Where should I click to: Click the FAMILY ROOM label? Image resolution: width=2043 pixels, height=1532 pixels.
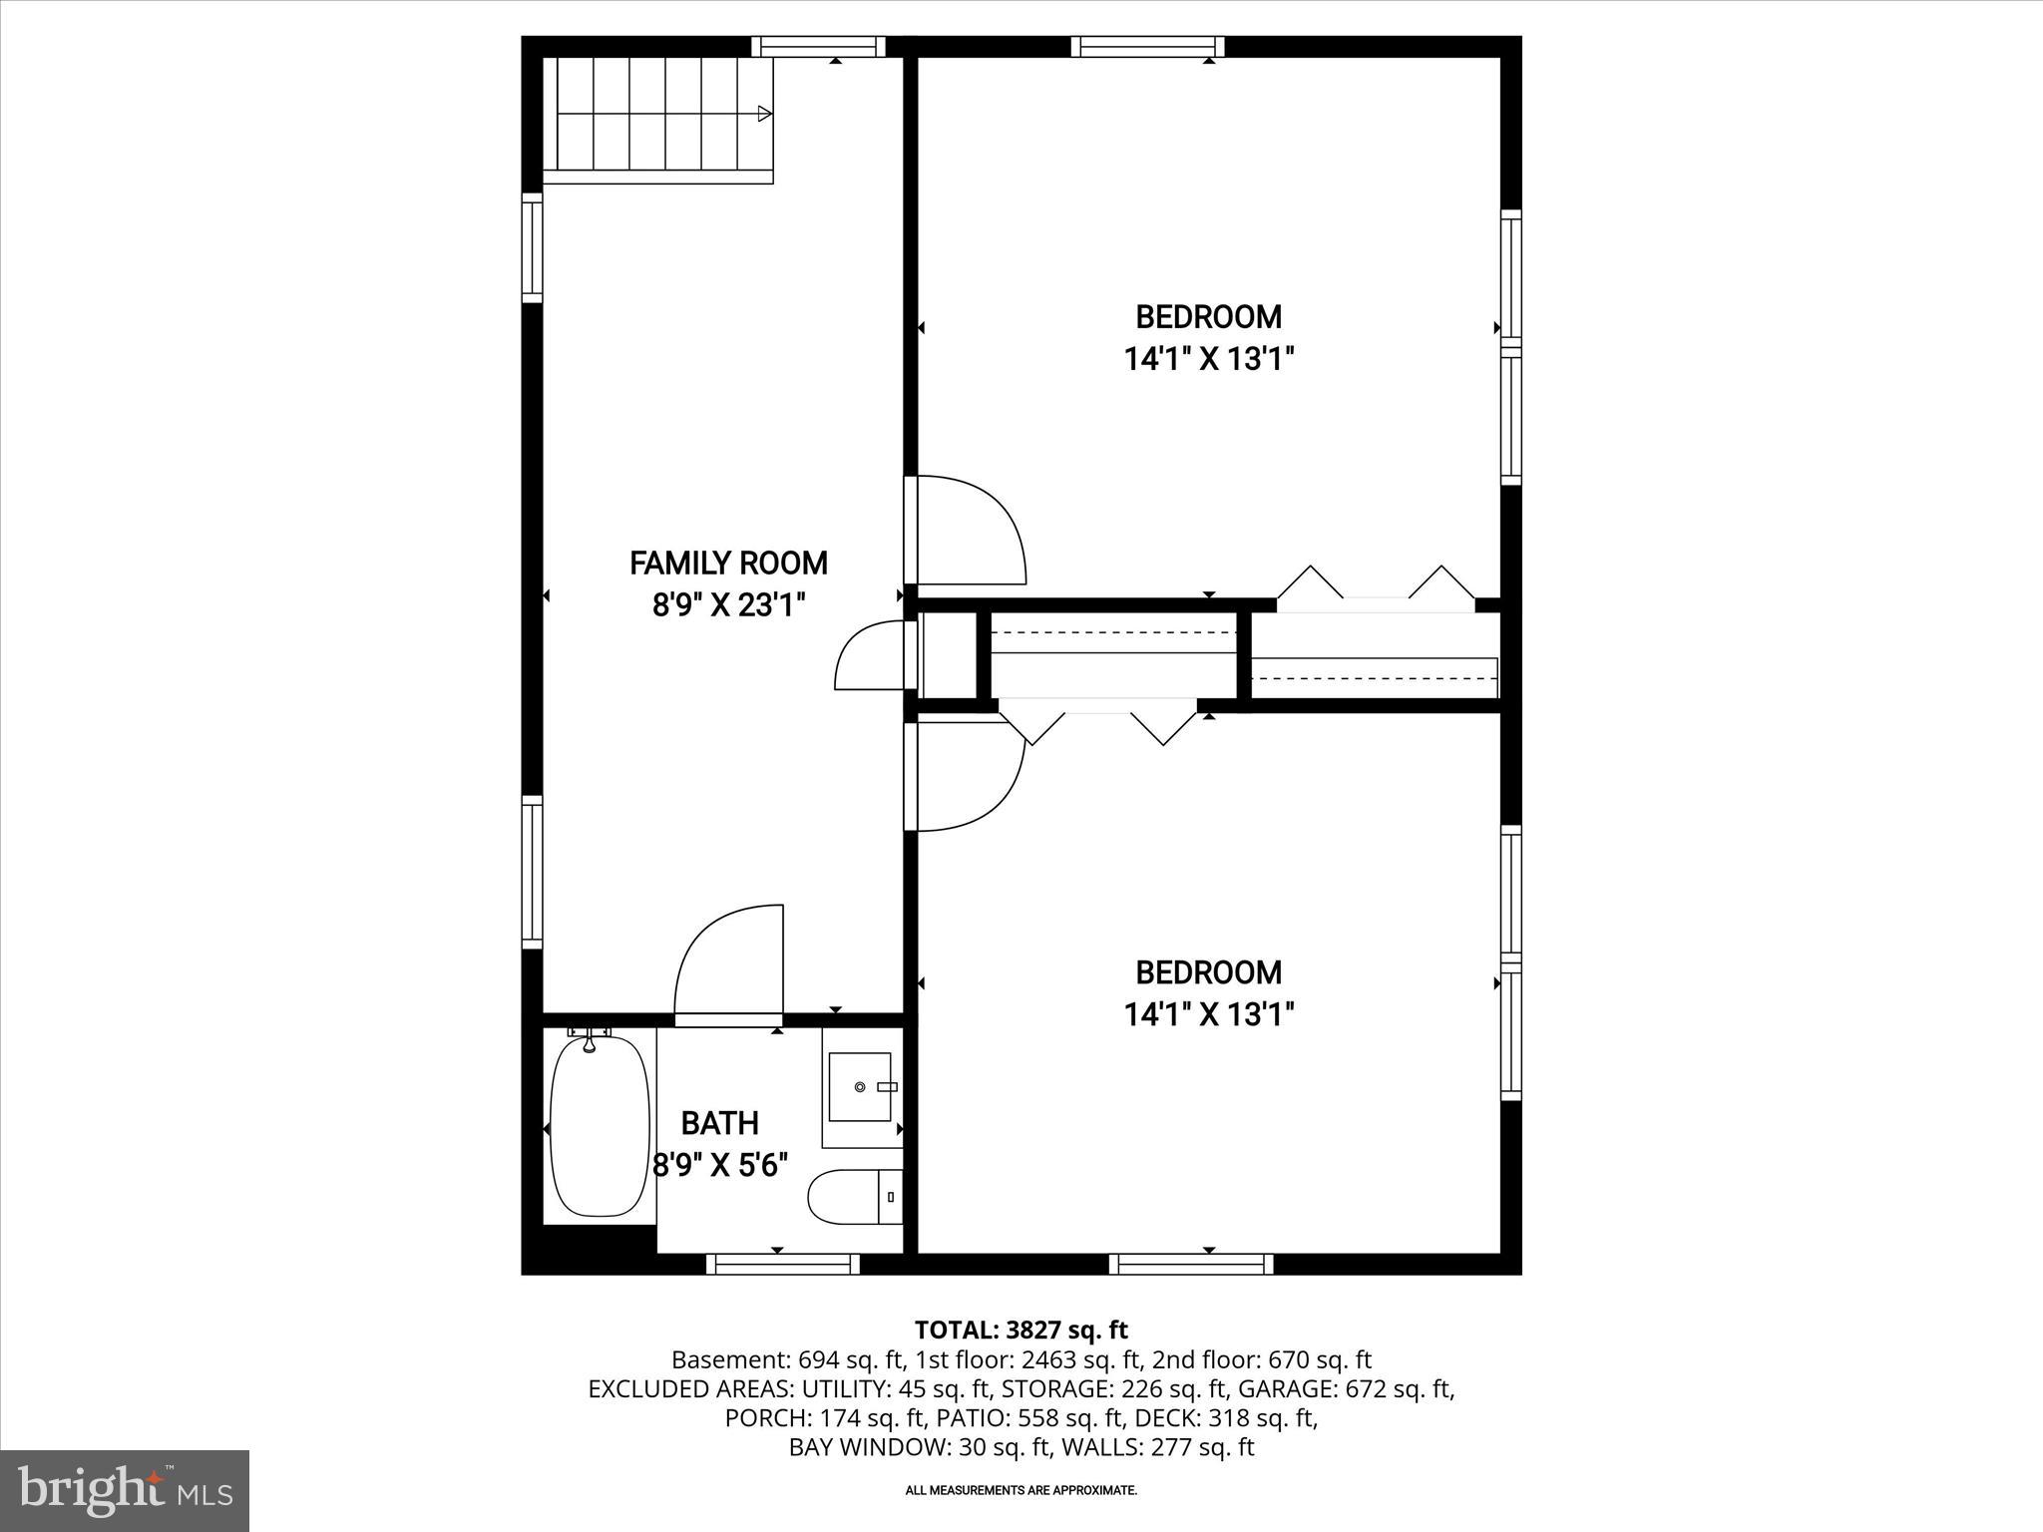(x=728, y=564)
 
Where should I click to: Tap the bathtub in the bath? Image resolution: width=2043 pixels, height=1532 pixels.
(x=600, y=1126)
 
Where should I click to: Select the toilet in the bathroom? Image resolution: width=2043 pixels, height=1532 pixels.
(x=854, y=1197)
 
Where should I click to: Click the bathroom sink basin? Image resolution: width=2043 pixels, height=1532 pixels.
(x=861, y=1086)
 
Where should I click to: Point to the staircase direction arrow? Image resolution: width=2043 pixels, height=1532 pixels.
(x=764, y=114)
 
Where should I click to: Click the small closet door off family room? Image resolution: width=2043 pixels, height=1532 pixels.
(x=870, y=654)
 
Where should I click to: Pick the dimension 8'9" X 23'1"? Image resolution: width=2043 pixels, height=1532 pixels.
(x=728, y=605)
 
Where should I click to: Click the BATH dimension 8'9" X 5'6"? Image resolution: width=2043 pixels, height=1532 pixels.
(x=720, y=1165)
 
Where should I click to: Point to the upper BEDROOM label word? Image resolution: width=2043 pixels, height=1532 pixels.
(x=1208, y=317)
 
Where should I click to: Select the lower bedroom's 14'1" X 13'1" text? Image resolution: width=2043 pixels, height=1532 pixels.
(x=1208, y=1015)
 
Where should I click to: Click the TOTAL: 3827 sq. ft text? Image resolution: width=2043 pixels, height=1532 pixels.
(x=1021, y=1330)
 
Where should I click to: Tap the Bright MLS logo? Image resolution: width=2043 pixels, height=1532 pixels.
(x=125, y=1490)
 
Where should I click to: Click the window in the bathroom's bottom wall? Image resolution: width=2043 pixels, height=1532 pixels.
(x=783, y=1265)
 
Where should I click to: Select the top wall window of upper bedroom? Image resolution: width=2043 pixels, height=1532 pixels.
(x=1147, y=46)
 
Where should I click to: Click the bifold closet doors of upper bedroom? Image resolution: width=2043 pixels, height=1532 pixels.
(x=1376, y=585)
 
